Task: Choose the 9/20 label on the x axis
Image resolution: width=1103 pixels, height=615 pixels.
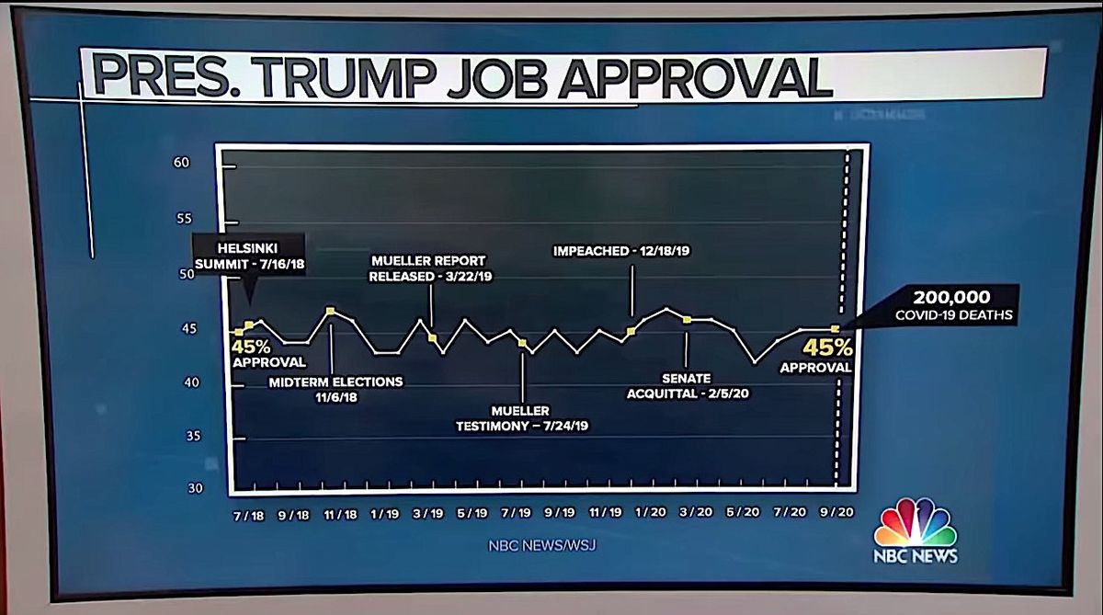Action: [x=835, y=513]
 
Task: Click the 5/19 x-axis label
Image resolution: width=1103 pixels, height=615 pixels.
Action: [x=472, y=514]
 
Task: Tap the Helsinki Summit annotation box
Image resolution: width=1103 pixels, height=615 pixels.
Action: [x=248, y=256]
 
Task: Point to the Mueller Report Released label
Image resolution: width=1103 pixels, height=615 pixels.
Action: [x=427, y=268]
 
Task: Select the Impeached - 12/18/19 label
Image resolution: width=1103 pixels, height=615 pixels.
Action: [x=622, y=250]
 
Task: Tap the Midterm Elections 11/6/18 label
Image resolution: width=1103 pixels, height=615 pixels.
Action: [x=335, y=388]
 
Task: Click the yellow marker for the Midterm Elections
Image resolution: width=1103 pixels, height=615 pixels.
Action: [x=331, y=311]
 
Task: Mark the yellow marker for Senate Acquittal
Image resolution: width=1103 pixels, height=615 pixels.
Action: [x=687, y=319]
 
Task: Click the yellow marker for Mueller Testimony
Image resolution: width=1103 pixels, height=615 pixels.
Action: [x=522, y=343]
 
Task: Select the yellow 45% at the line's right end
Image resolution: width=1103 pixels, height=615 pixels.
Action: [x=828, y=348]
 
